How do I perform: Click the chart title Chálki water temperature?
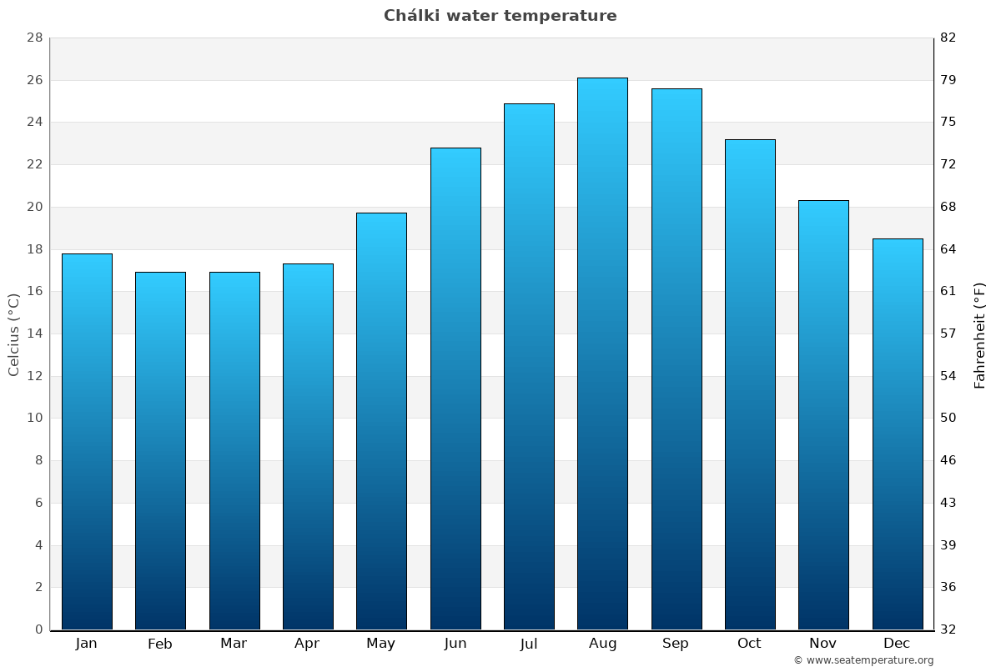point(500,16)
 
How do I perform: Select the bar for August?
point(602,354)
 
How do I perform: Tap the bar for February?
point(160,450)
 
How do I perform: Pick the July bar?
point(529,367)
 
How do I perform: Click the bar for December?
point(898,434)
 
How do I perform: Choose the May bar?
point(381,421)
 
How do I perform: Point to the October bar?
point(750,384)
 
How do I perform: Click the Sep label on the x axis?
point(676,644)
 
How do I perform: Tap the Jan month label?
point(86,644)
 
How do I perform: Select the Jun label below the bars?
point(455,644)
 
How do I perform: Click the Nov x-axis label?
point(823,644)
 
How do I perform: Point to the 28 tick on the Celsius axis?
point(34,38)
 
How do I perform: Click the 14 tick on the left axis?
point(34,333)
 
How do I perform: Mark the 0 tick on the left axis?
point(38,629)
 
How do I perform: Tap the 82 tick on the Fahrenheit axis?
point(948,38)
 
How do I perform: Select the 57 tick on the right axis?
point(948,333)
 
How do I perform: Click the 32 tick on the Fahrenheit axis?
point(948,629)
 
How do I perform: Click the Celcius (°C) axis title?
point(14,333)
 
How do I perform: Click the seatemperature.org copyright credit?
point(863,660)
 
